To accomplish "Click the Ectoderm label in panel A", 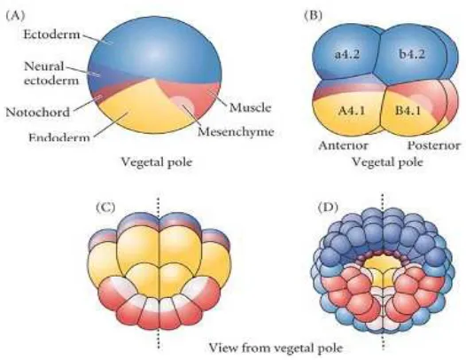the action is [x=51, y=35].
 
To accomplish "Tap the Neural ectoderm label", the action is [x=51, y=74].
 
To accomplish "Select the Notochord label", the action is [x=38, y=112].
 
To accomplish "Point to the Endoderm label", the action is [x=59, y=137].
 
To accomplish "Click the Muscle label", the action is [x=250, y=107].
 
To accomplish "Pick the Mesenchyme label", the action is [x=236, y=131].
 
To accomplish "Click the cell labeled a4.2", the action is [x=344, y=53].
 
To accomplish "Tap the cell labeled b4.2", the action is [x=412, y=53].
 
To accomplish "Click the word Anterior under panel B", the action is [x=343, y=145].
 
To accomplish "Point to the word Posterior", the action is [x=433, y=145].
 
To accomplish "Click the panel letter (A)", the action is [x=15, y=15].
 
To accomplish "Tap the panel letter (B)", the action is [x=313, y=15].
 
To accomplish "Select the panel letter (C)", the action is [x=105, y=207].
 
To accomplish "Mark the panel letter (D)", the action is [x=328, y=207].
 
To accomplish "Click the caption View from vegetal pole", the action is [x=276, y=348].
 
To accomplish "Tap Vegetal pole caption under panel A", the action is [x=157, y=162].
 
